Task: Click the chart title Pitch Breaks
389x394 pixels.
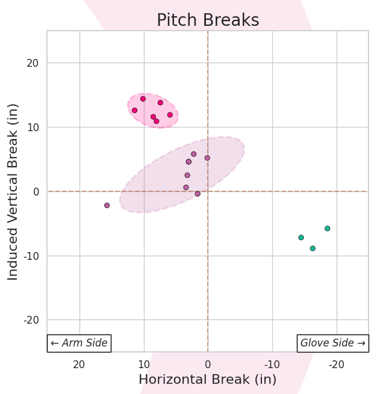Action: click(x=208, y=20)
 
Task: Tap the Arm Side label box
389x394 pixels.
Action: click(x=79, y=343)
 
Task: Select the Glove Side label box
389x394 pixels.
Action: click(x=333, y=343)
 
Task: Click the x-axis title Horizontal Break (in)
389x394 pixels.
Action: click(x=208, y=380)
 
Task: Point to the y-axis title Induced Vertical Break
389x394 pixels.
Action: click(x=13, y=191)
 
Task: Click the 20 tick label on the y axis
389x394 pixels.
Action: click(x=33, y=63)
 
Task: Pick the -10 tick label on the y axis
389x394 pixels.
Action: click(x=31, y=256)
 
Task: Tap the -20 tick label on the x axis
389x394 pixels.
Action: click(x=337, y=365)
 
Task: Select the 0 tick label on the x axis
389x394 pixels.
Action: click(x=208, y=365)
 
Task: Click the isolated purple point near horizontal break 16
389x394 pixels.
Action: click(x=107, y=205)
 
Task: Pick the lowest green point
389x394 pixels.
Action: click(x=313, y=248)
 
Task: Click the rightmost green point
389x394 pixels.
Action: click(x=328, y=229)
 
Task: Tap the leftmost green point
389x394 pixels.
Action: click(x=301, y=238)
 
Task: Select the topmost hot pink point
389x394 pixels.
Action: click(x=143, y=99)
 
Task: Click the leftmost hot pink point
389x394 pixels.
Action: click(x=134, y=110)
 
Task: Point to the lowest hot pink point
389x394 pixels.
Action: click(x=157, y=121)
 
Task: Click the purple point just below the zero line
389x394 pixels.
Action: click(x=198, y=194)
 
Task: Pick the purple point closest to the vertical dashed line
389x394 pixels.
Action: click(x=207, y=158)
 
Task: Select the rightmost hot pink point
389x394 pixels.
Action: click(x=170, y=115)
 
